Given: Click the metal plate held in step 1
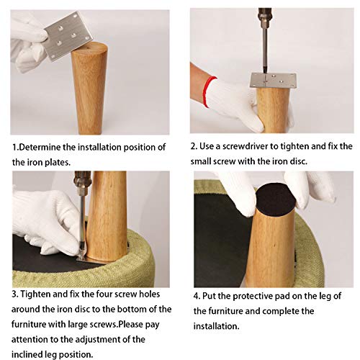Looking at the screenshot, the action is pos(68,36).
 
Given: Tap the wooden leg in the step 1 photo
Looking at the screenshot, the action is pos(89,88).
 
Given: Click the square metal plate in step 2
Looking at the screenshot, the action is pos(273,81).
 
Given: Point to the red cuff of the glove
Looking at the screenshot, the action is pos(208,91).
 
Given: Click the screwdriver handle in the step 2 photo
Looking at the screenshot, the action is pos(264,15).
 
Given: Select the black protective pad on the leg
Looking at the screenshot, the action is pos(276,199).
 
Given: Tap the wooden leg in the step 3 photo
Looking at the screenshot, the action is pos(107,216).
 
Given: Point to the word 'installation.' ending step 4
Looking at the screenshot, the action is pos(217,326).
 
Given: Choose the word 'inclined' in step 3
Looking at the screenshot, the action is pos(27,354).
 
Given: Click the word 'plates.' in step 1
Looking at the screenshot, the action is pos(58,162).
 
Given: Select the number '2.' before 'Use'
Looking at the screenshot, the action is pos(194,146).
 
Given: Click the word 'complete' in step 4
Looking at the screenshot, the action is pos(279,311).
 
